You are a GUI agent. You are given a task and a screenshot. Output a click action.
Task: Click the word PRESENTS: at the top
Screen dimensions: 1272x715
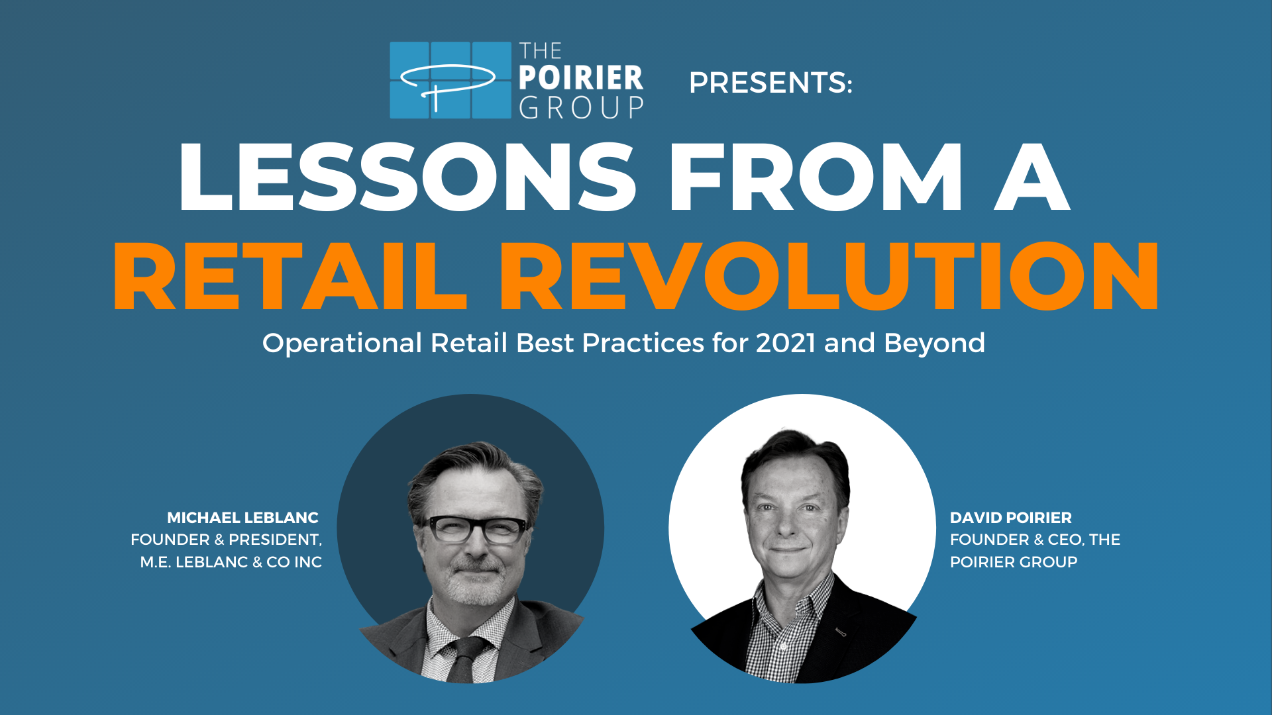(770, 83)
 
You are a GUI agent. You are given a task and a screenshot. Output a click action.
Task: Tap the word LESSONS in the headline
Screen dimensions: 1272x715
(407, 177)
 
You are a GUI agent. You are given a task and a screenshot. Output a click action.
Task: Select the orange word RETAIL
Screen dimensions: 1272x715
(290, 276)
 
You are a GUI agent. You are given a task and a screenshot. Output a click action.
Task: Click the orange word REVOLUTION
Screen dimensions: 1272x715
(829, 276)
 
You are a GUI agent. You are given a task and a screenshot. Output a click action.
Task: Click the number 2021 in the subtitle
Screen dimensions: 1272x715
(786, 343)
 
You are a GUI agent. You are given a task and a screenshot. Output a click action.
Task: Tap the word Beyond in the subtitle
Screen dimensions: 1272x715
(934, 344)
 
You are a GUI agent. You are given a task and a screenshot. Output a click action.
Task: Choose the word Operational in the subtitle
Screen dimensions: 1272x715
(342, 344)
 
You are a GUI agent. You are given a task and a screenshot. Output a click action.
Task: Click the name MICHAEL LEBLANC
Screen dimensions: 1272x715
(242, 518)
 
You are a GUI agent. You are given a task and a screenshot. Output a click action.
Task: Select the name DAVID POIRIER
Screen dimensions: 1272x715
(1011, 518)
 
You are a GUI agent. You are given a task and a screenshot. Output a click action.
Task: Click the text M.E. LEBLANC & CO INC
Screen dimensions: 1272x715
(231, 562)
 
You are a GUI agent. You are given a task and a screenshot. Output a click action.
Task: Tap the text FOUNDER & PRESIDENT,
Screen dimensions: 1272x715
(226, 540)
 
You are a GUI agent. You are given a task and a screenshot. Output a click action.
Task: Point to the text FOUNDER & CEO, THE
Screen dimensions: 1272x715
(1035, 540)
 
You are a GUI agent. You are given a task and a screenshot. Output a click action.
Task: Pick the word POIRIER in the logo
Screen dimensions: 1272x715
(581, 78)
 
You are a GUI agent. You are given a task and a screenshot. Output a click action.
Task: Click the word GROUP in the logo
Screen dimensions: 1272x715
(581, 107)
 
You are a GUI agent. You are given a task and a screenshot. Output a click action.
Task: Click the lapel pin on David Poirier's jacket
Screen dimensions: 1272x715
(841, 632)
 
